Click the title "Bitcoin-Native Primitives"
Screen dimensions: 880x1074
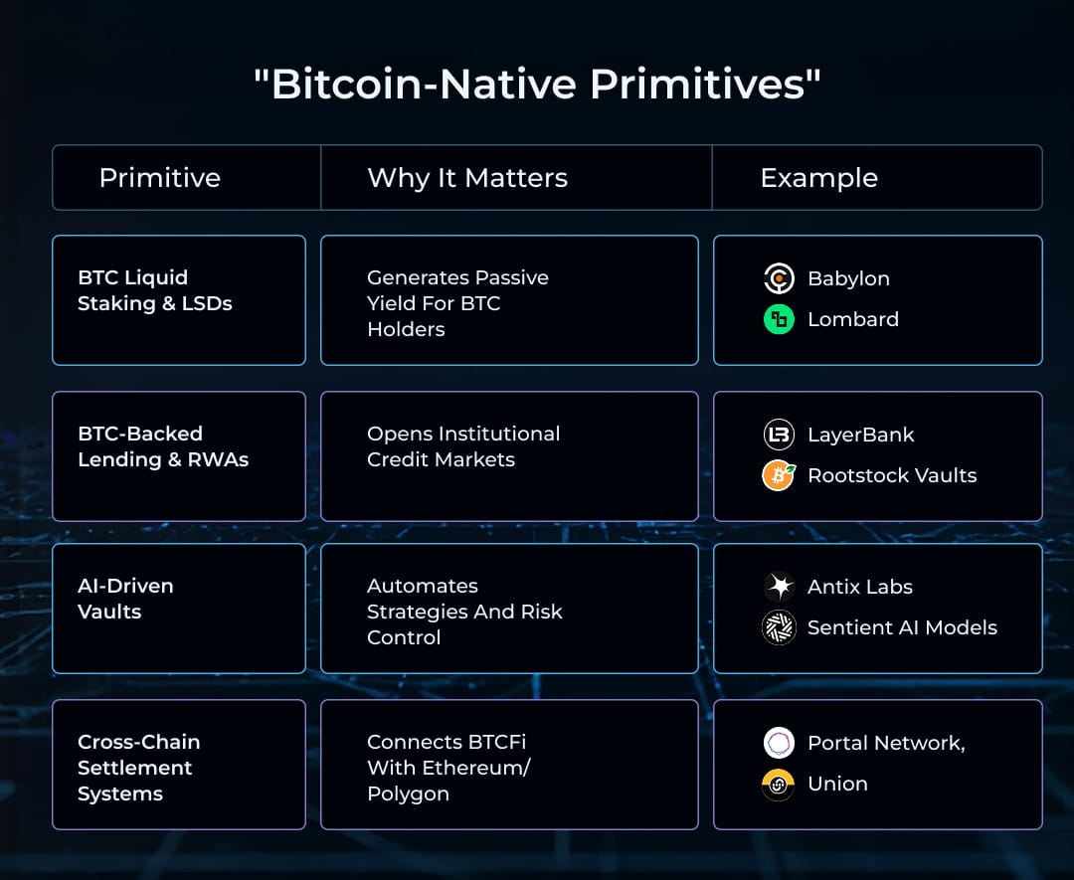pyautogui.click(x=537, y=85)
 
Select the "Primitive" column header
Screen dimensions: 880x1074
pyautogui.click(x=160, y=178)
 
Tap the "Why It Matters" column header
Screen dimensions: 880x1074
pyautogui.click(x=467, y=178)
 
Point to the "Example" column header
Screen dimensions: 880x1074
pyautogui.click(x=818, y=178)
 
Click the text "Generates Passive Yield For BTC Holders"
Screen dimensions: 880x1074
pyautogui.click(x=457, y=303)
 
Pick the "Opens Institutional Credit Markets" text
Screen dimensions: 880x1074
pyautogui.click(x=463, y=446)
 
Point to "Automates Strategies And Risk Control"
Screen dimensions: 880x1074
pyautogui.click(x=464, y=612)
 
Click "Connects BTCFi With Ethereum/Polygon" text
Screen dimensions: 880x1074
pyautogui.click(x=448, y=768)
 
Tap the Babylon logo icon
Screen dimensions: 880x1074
pyautogui.click(x=779, y=278)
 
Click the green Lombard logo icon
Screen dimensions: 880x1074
pyautogui.click(x=779, y=319)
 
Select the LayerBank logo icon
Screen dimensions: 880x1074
pyautogui.click(x=779, y=435)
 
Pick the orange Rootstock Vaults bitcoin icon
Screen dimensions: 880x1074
pyautogui.click(x=779, y=475)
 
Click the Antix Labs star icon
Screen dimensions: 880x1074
pyautogui.click(x=779, y=587)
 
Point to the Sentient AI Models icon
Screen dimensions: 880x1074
pyautogui.click(x=779, y=627)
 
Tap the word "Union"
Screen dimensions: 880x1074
pyautogui.click(x=837, y=784)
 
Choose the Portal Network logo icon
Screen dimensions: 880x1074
pyautogui.click(x=779, y=743)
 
